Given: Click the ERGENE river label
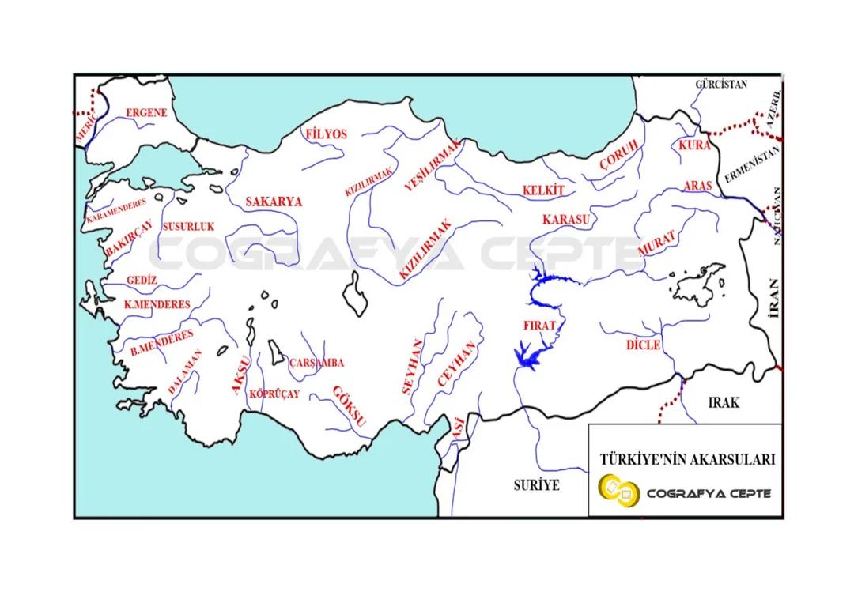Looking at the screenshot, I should pos(146,113).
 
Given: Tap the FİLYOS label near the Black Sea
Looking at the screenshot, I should pos(326,134).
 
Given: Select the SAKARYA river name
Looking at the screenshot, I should pos(274,202).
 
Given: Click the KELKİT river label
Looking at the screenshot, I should pos(543,190).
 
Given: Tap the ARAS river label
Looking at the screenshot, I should pos(697,186).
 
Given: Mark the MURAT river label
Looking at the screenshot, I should pos(657,243).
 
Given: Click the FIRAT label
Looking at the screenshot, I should pos(539,326).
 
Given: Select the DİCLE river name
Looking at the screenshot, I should pos(642,345).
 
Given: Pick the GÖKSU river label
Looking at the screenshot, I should pos(349,406).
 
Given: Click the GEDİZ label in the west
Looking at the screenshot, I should pos(142,281).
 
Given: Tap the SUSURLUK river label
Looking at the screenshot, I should pos(188,227).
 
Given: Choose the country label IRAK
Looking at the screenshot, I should pos(724,402).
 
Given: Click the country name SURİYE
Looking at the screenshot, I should pos(536,485).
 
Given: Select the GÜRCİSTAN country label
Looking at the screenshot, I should pos(720,84).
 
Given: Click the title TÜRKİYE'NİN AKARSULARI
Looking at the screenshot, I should pos(687,459).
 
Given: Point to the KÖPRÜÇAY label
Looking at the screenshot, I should pos(274,394).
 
